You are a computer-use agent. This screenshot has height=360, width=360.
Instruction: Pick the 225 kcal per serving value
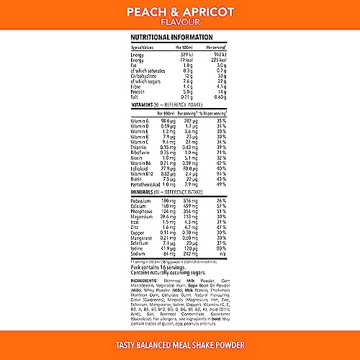(x=219, y=60)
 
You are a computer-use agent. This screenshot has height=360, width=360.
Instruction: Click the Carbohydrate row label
(x=144, y=76)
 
